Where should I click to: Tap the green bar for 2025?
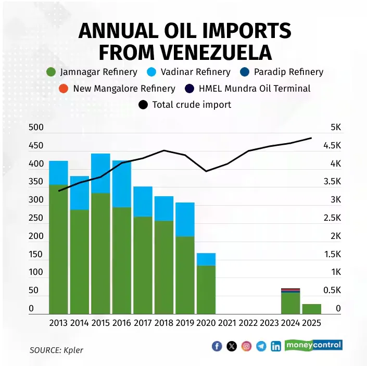click(x=311, y=309)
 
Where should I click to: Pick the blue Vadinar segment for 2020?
click(x=206, y=259)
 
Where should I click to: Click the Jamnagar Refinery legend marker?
click(x=51, y=72)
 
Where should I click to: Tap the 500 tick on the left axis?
click(x=35, y=128)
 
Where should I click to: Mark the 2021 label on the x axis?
click(x=227, y=323)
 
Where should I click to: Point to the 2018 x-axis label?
click(x=163, y=323)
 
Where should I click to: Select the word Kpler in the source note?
click(x=73, y=350)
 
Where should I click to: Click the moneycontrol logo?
click(x=313, y=345)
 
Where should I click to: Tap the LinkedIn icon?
click(x=276, y=346)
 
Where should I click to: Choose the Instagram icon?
click(x=246, y=346)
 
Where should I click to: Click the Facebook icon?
click(x=217, y=346)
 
